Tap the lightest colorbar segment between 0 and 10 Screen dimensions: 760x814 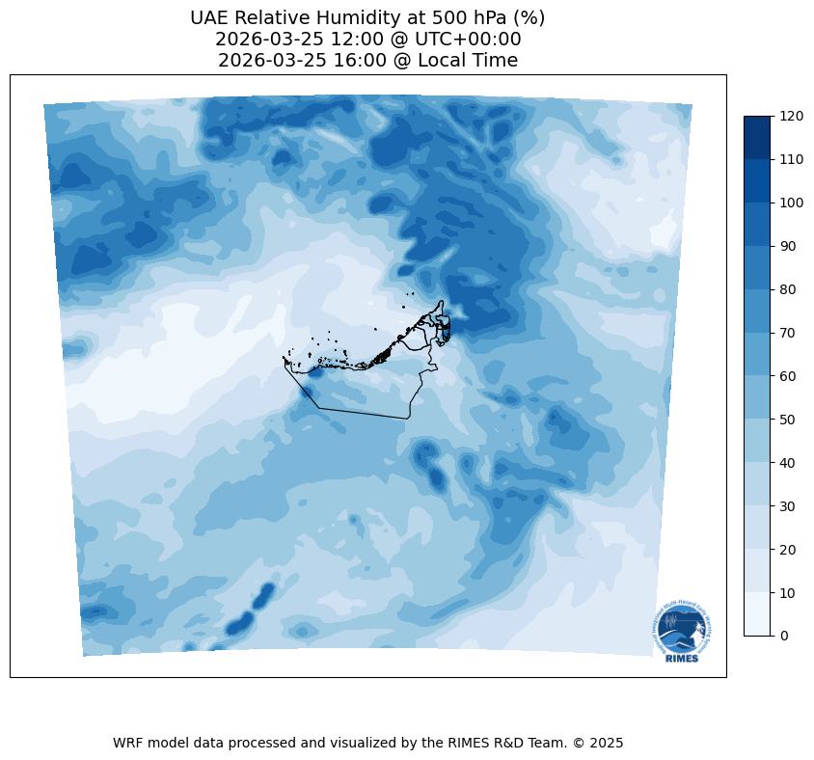pos(758,614)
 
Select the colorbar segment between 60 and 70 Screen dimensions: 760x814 pos(758,354)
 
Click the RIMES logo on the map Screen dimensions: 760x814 pos(679,632)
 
